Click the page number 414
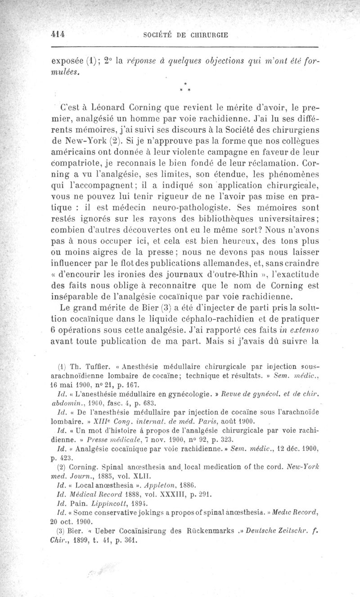[58, 34]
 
